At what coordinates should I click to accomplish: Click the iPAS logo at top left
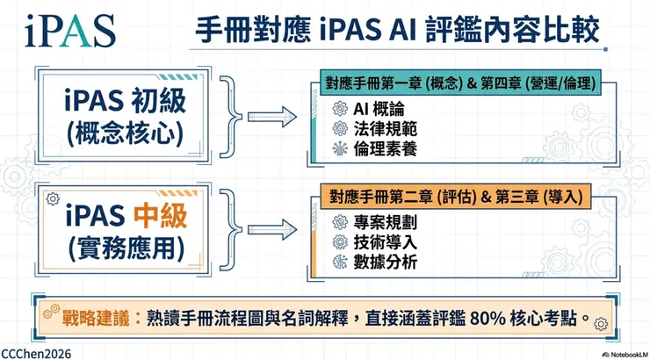click(59, 31)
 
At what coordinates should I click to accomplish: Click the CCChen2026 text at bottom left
click(36, 352)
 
